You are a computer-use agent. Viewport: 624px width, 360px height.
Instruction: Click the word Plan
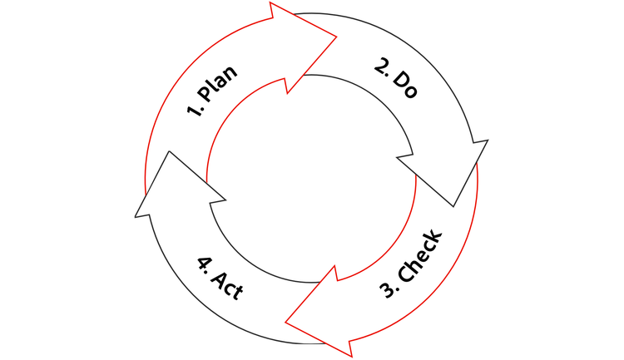218,83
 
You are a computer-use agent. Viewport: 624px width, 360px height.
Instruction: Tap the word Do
405,84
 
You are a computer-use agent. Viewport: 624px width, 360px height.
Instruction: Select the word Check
420,255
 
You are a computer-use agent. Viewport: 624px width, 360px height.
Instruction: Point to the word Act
227,286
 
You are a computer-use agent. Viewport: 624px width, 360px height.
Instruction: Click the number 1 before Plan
193,111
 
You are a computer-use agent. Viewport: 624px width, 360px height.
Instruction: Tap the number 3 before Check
387,290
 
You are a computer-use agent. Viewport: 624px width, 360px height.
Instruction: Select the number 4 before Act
204,264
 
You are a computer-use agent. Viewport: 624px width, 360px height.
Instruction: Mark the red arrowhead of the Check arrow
322,314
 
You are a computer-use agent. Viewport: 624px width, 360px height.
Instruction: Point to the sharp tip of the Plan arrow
337,37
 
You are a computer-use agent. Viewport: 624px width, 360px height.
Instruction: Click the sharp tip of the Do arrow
453,206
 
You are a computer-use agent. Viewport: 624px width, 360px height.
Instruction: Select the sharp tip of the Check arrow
285,323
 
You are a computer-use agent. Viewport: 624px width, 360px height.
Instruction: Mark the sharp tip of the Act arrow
169,151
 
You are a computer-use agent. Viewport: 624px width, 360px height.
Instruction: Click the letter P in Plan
205,93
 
